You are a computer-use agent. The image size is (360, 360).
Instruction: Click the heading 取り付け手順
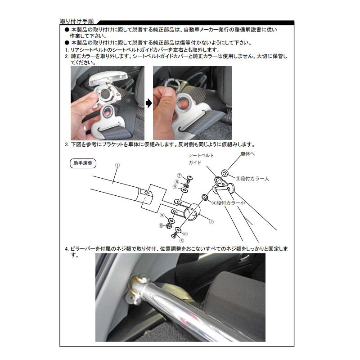pyautogui.click(x=77, y=21)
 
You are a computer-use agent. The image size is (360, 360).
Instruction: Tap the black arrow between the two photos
pyautogui.click(x=149, y=103)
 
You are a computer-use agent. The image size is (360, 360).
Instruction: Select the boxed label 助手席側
pyautogui.click(x=83, y=163)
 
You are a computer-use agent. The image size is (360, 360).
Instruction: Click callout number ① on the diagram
pyautogui.click(x=117, y=165)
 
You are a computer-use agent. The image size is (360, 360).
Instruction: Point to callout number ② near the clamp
pyautogui.click(x=211, y=222)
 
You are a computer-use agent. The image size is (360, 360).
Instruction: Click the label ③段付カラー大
pyautogui.click(x=252, y=179)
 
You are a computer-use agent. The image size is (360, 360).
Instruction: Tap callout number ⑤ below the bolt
pyautogui.click(x=182, y=241)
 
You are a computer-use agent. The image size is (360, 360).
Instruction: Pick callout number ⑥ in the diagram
pyautogui.click(x=185, y=234)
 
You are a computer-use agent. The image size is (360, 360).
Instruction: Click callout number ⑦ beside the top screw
pyautogui.click(x=180, y=175)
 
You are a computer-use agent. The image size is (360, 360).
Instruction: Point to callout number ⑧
pyautogui.click(x=176, y=182)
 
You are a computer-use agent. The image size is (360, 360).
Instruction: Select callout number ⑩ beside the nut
pyautogui.click(x=161, y=225)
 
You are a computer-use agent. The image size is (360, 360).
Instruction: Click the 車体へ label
pyautogui.click(x=247, y=154)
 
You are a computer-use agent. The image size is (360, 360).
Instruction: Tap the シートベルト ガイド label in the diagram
pyautogui.click(x=201, y=159)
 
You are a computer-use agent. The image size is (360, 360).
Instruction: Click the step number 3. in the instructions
pyautogui.click(x=67, y=144)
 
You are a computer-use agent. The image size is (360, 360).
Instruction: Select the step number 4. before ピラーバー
pyautogui.click(x=67, y=249)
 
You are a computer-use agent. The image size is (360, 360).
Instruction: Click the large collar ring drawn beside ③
pyautogui.click(x=225, y=173)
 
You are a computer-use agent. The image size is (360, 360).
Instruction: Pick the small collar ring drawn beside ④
pyautogui.click(x=205, y=197)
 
